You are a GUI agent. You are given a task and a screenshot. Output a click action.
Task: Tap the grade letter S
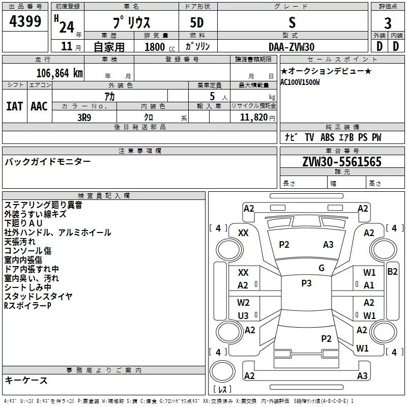coord(292,22)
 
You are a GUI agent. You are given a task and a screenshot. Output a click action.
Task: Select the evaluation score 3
coord(388,23)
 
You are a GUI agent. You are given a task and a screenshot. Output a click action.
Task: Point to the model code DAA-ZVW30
coord(292,47)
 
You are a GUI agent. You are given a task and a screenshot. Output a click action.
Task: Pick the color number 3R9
coord(84,117)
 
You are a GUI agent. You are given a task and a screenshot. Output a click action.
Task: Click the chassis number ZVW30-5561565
coord(342,162)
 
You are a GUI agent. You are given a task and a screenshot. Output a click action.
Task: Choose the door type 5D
coord(196,23)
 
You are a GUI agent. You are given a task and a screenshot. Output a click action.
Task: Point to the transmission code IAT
coord(14,106)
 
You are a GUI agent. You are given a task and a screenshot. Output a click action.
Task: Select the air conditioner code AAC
coord(39,106)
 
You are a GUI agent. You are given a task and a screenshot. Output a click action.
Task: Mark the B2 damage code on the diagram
coord(392,271)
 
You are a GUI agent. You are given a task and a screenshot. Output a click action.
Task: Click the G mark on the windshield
coord(321,268)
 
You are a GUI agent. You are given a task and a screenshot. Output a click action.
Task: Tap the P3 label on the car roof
coord(306,283)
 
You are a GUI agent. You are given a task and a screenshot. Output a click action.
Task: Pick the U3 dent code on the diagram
coord(243,315)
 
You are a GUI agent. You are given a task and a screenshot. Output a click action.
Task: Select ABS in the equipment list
coord(327,137)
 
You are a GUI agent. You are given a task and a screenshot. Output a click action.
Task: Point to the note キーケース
coord(26,381)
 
